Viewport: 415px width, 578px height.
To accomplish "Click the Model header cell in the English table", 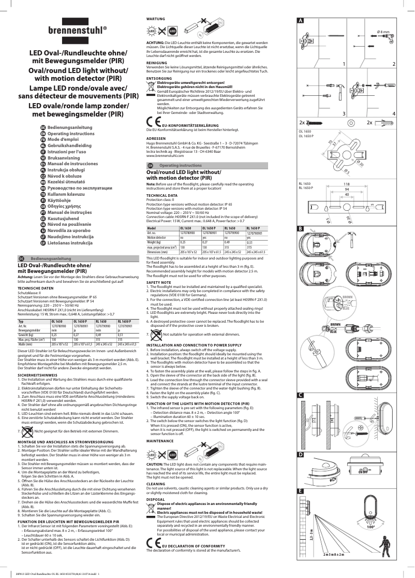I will (x=152, y=228).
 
